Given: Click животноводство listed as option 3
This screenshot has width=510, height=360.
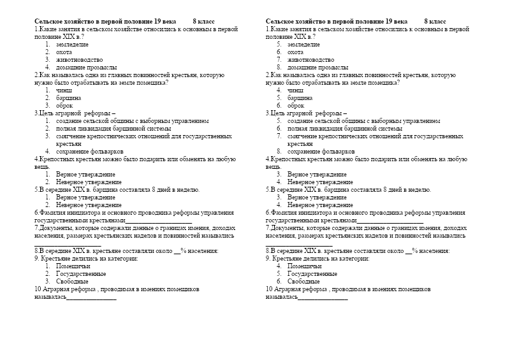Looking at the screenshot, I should (79, 60).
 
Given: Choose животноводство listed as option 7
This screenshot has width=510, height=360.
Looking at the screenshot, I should (310, 60).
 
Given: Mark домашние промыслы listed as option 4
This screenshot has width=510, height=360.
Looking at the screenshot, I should (86, 68).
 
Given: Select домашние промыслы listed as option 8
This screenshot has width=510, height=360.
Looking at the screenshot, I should (317, 68).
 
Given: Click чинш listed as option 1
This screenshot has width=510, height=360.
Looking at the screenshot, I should (64, 90).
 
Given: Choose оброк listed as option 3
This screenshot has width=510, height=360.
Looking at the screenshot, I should (64, 106).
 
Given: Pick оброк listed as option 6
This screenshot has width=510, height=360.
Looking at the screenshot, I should (296, 106).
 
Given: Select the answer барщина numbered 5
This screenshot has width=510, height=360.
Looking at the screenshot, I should (300, 98).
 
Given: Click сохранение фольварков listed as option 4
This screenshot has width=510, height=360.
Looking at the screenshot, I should (90, 152).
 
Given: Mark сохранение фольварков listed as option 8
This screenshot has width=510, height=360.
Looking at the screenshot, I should (321, 152).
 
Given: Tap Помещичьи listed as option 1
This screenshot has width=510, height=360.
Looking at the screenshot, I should (73, 266).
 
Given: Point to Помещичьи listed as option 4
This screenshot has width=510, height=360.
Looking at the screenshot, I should (304, 266).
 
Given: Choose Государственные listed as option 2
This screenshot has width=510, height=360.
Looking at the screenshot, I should (81, 273).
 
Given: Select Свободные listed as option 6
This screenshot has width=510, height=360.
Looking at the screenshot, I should (303, 281).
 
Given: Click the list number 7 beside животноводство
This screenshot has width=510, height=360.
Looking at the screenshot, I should (279, 60).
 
